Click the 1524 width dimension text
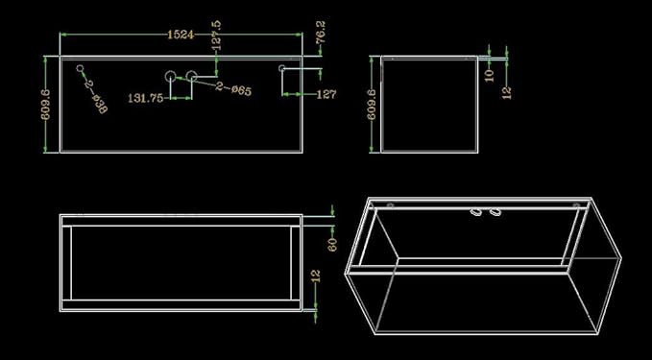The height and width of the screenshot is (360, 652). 181,35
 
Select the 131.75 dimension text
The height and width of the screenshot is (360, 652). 145,98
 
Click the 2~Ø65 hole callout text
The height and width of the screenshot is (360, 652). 233,91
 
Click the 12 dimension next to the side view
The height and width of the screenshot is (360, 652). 506,91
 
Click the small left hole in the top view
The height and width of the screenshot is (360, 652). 80,68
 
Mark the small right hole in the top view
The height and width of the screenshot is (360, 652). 282,68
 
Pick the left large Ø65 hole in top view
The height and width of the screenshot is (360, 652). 170,75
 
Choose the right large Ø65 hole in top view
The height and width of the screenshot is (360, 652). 191,75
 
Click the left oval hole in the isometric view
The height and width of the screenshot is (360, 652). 475,211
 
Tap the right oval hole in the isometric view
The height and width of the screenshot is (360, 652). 495,211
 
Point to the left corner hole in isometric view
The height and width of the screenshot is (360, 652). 391,204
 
